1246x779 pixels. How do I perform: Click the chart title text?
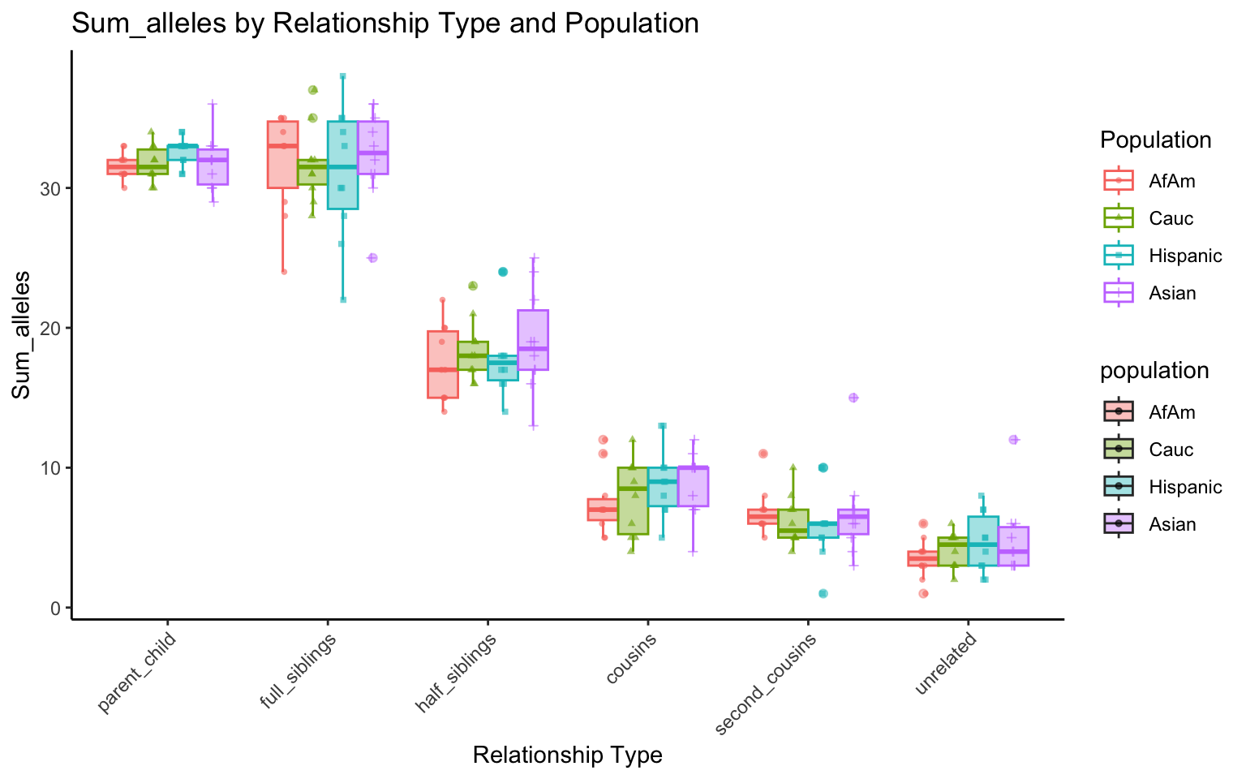point(385,23)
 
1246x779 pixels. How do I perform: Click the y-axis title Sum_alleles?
point(22,335)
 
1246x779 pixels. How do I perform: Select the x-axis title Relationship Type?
point(567,755)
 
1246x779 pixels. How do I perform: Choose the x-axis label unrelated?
point(947,665)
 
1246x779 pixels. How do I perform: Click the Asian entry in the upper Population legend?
point(1172,293)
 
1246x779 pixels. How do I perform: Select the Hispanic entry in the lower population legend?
point(1184,487)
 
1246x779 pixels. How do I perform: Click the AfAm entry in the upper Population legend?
point(1171,181)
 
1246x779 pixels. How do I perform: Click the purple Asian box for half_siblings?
point(533,339)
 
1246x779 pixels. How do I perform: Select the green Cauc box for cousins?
point(633,501)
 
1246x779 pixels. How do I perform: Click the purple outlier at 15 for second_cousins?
point(853,398)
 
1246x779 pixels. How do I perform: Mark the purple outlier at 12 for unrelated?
point(1013,440)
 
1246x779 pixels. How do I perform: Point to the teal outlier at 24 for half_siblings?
point(503,272)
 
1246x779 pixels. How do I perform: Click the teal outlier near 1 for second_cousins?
point(823,593)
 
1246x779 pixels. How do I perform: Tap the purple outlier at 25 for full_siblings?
point(372,258)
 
